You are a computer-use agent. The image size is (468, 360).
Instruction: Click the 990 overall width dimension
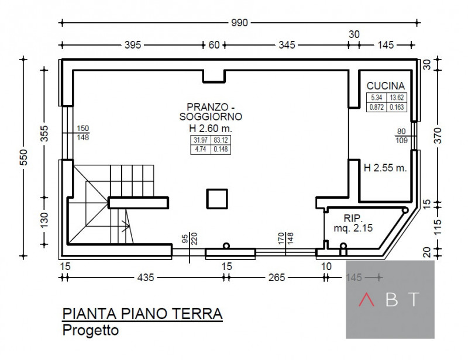(239, 23)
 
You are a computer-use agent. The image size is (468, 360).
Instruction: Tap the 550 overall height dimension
(23, 156)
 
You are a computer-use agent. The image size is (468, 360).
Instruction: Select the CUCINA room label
(386, 86)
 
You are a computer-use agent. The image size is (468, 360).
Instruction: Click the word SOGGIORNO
(211, 117)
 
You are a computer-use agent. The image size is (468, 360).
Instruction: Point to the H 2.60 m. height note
(211, 127)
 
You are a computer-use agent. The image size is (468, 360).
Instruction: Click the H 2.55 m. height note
(385, 168)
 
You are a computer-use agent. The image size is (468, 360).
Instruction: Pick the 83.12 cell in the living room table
(221, 140)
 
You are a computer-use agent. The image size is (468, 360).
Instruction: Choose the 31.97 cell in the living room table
(200, 140)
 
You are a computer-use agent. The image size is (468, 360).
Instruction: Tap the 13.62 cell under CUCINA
(397, 98)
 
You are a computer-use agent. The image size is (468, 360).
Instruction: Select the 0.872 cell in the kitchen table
(376, 107)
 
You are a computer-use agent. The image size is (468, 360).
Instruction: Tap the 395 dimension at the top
(132, 45)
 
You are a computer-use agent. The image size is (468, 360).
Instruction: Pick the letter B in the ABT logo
(391, 300)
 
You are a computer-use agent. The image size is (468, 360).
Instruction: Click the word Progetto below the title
(90, 330)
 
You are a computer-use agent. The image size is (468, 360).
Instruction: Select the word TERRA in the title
(197, 314)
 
